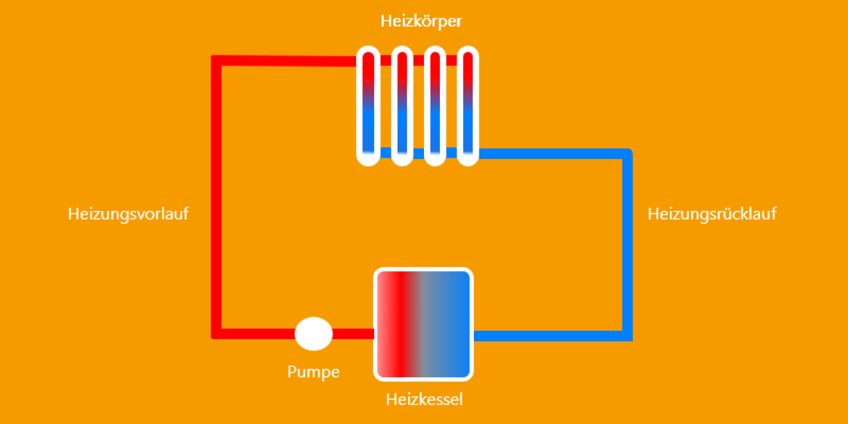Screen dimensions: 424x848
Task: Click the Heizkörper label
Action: [421, 21]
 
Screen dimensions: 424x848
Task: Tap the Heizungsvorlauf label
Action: [128, 214]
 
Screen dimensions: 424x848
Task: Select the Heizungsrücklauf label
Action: [712, 214]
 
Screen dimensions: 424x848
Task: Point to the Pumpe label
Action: [313, 372]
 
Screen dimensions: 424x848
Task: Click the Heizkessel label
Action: [424, 399]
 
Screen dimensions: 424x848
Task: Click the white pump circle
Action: [314, 334]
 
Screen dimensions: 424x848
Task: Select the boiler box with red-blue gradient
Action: [424, 324]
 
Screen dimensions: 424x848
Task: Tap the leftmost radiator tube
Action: [368, 106]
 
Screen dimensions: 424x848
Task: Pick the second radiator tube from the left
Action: [402, 106]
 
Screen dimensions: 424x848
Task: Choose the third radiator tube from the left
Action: [435, 106]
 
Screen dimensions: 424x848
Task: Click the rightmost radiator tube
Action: [468, 106]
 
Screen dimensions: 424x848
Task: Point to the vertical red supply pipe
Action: [216, 196]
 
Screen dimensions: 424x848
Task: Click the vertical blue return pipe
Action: [627, 243]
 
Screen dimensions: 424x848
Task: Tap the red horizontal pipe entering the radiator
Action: [287, 61]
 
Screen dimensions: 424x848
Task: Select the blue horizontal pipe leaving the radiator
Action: [550, 154]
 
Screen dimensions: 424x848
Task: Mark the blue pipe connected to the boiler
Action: [550, 336]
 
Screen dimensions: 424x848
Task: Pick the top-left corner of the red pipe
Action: [216, 60]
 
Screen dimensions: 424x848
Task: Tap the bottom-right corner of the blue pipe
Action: [627, 336]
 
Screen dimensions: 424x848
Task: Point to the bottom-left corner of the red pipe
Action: [216, 334]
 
